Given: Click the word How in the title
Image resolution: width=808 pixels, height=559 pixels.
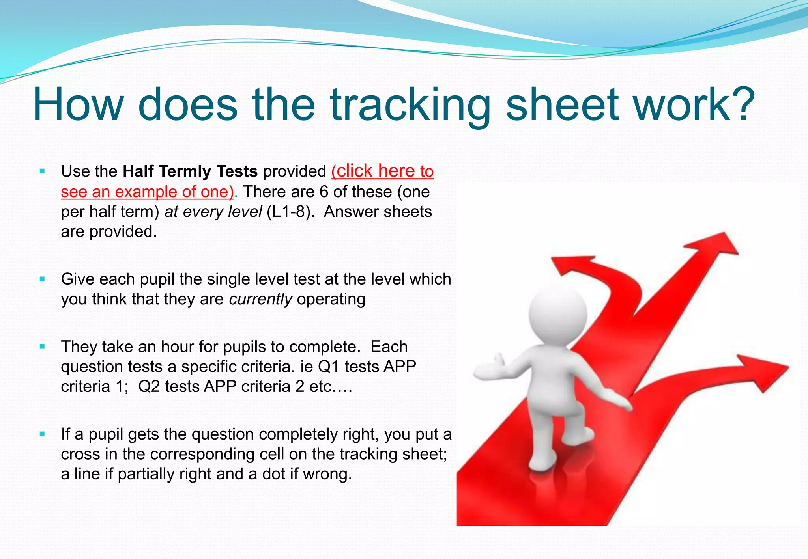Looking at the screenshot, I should click(x=78, y=104).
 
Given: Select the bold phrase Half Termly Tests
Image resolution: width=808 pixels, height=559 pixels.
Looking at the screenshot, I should click(x=190, y=171).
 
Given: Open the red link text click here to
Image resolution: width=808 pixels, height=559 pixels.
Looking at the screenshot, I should click(x=382, y=171).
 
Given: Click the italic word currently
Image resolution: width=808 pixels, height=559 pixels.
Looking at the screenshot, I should click(x=260, y=299).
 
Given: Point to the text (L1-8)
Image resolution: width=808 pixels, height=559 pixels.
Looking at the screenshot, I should click(x=290, y=212).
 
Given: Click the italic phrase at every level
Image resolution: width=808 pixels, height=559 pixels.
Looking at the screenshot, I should click(x=213, y=212).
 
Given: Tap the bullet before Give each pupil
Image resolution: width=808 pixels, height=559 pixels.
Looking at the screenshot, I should click(x=42, y=279).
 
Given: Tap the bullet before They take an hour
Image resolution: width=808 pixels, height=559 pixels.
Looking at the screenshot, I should click(x=42, y=347).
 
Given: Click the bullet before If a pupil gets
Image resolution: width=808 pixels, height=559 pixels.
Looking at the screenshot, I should click(x=42, y=434).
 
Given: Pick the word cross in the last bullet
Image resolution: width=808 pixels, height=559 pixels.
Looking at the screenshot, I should click(x=81, y=454).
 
